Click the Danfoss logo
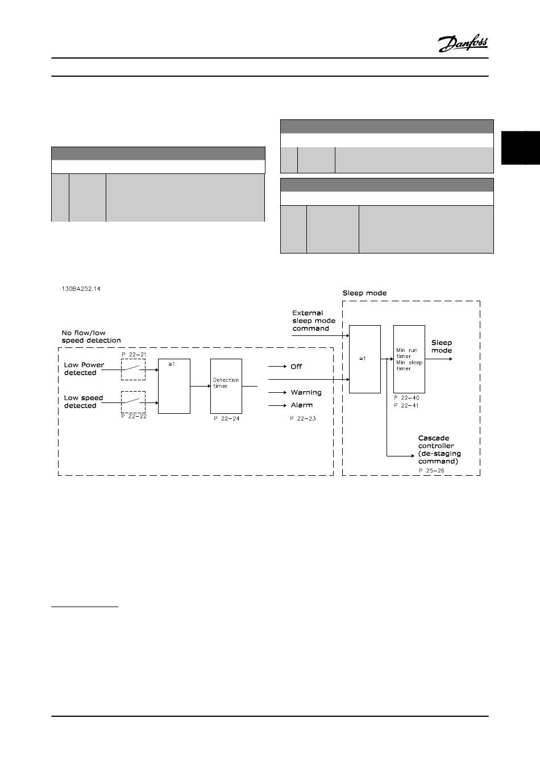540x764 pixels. [463, 43]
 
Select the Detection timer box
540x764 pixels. [226, 386]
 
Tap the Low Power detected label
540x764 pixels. [84, 369]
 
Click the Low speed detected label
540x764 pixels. [84, 402]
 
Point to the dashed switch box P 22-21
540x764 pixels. [134, 369]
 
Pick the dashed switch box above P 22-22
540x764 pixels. [134, 402]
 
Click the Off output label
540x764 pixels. [296, 367]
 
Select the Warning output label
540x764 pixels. [306, 392]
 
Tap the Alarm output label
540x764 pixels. [302, 405]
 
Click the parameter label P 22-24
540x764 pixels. [226, 419]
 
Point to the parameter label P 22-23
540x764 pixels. [302, 419]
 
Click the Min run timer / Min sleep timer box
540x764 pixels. [409, 359]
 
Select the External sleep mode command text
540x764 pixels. [314, 321]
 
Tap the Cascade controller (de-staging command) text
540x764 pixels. [439, 450]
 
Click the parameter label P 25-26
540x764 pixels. [431, 471]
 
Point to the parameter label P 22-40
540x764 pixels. [406, 398]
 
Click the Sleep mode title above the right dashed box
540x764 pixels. [364, 293]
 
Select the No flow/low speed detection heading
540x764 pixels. [92, 337]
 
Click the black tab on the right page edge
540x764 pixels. [520, 148]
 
